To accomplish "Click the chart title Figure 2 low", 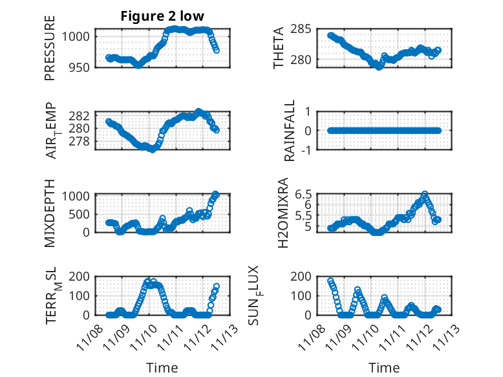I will [162, 17].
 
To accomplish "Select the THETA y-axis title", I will [279, 48].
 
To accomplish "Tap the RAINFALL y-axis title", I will [290, 131].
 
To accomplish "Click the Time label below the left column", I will [162, 368].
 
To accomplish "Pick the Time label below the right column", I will [385, 368].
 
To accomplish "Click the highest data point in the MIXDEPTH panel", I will [216, 194].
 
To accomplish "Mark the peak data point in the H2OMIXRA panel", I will [425, 194].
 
